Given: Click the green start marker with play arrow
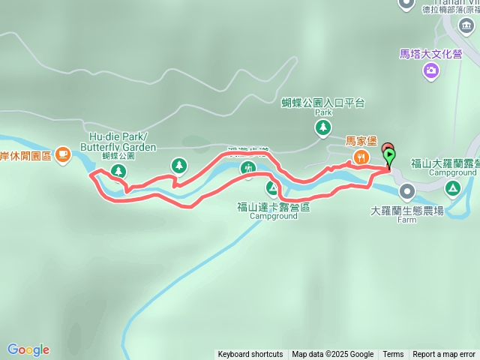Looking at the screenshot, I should coord(391,157).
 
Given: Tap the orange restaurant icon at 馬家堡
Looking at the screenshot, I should coord(361,156).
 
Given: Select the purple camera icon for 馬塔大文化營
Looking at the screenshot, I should coord(431,70).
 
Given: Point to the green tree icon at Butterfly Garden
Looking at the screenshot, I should coord(118,172).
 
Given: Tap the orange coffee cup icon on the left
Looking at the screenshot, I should coord(63,155).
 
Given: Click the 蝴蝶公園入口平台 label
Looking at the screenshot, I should coord(322,103).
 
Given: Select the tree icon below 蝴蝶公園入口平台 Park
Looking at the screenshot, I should coord(322,128).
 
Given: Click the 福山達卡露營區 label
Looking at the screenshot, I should coord(272,206).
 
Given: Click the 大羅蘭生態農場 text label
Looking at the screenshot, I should coord(406,211).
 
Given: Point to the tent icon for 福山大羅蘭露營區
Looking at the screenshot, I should coord(452,187).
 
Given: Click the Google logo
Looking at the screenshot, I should coord(28,349).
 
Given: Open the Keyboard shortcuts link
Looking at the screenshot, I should coord(250,355).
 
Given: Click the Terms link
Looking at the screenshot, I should coord(393,355).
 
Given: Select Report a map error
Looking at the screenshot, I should coord(443,355).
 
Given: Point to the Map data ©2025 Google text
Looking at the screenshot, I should coord(333,355).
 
